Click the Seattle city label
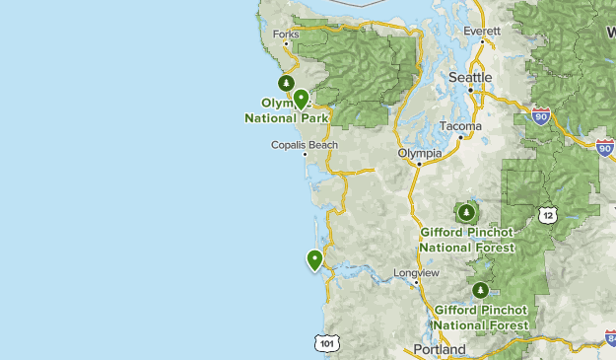click(469, 77)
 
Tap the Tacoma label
click(460, 126)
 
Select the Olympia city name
click(419, 153)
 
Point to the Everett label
click(482, 31)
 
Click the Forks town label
click(286, 35)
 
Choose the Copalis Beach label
click(305, 145)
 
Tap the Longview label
click(415, 272)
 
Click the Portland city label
click(440, 349)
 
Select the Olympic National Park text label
click(286, 110)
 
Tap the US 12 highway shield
click(548, 214)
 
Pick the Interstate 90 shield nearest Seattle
click(541, 116)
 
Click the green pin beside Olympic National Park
click(300, 97)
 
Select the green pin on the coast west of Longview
click(314, 259)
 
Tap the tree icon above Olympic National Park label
click(286, 83)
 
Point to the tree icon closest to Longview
click(480, 290)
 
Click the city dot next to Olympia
click(419, 165)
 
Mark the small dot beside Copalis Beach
click(305, 154)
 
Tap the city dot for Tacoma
click(460, 137)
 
